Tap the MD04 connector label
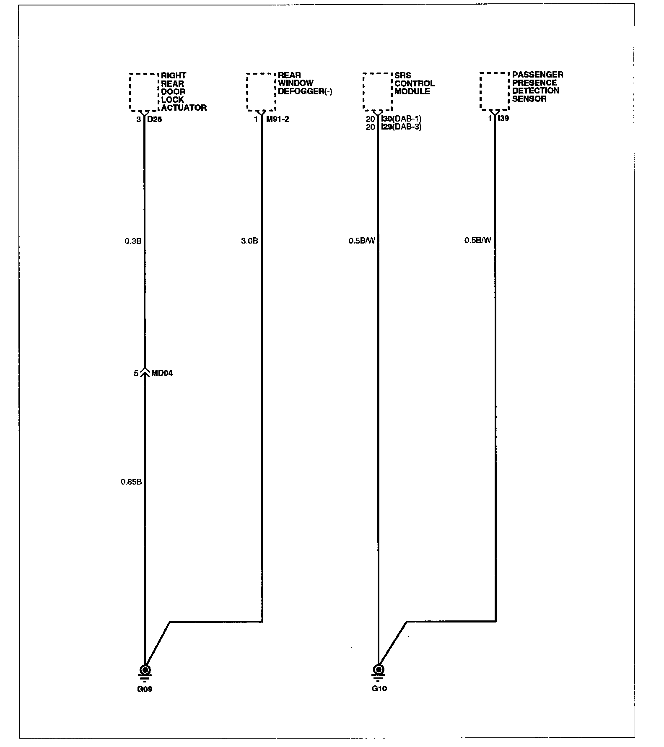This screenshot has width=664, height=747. pyautogui.click(x=162, y=373)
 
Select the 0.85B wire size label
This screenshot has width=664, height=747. pyautogui.click(x=131, y=482)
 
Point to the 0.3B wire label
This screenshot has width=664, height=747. pyautogui.click(x=133, y=241)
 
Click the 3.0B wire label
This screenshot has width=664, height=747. pyautogui.click(x=249, y=241)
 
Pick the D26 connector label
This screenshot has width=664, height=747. pyautogui.click(x=155, y=119)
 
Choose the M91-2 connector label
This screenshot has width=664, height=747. pyautogui.click(x=278, y=119)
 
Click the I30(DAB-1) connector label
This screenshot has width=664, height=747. pyautogui.click(x=402, y=119)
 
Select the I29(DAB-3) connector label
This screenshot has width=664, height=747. pyautogui.click(x=402, y=127)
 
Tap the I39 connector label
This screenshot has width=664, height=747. pyautogui.click(x=504, y=119)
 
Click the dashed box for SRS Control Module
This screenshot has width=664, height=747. pyautogui.click(x=377, y=92)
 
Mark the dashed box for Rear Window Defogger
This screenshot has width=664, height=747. pyautogui.click(x=261, y=92)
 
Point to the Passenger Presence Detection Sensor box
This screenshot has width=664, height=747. pyautogui.click(x=494, y=91)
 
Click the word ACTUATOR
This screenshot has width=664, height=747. pyautogui.click(x=184, y=108)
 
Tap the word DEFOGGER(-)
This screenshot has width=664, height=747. pyautogui.click(x=305, y=91)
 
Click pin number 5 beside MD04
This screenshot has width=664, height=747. pyautogui.click(x=136, y=373)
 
